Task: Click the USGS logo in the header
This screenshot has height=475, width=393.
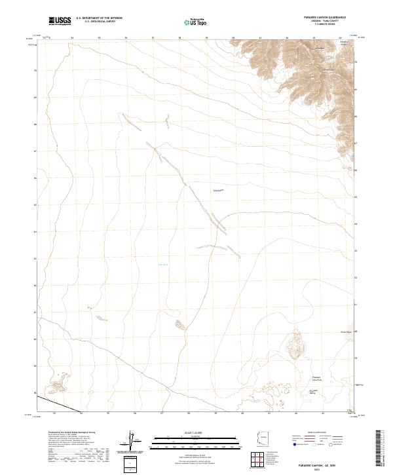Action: (x=60, y=21)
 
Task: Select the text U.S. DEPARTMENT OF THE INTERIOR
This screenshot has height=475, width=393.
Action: (x=100, y=18)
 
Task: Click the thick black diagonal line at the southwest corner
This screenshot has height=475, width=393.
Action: (x=50, y=402)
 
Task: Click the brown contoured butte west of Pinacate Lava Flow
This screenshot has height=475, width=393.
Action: (x=296, y=343)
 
